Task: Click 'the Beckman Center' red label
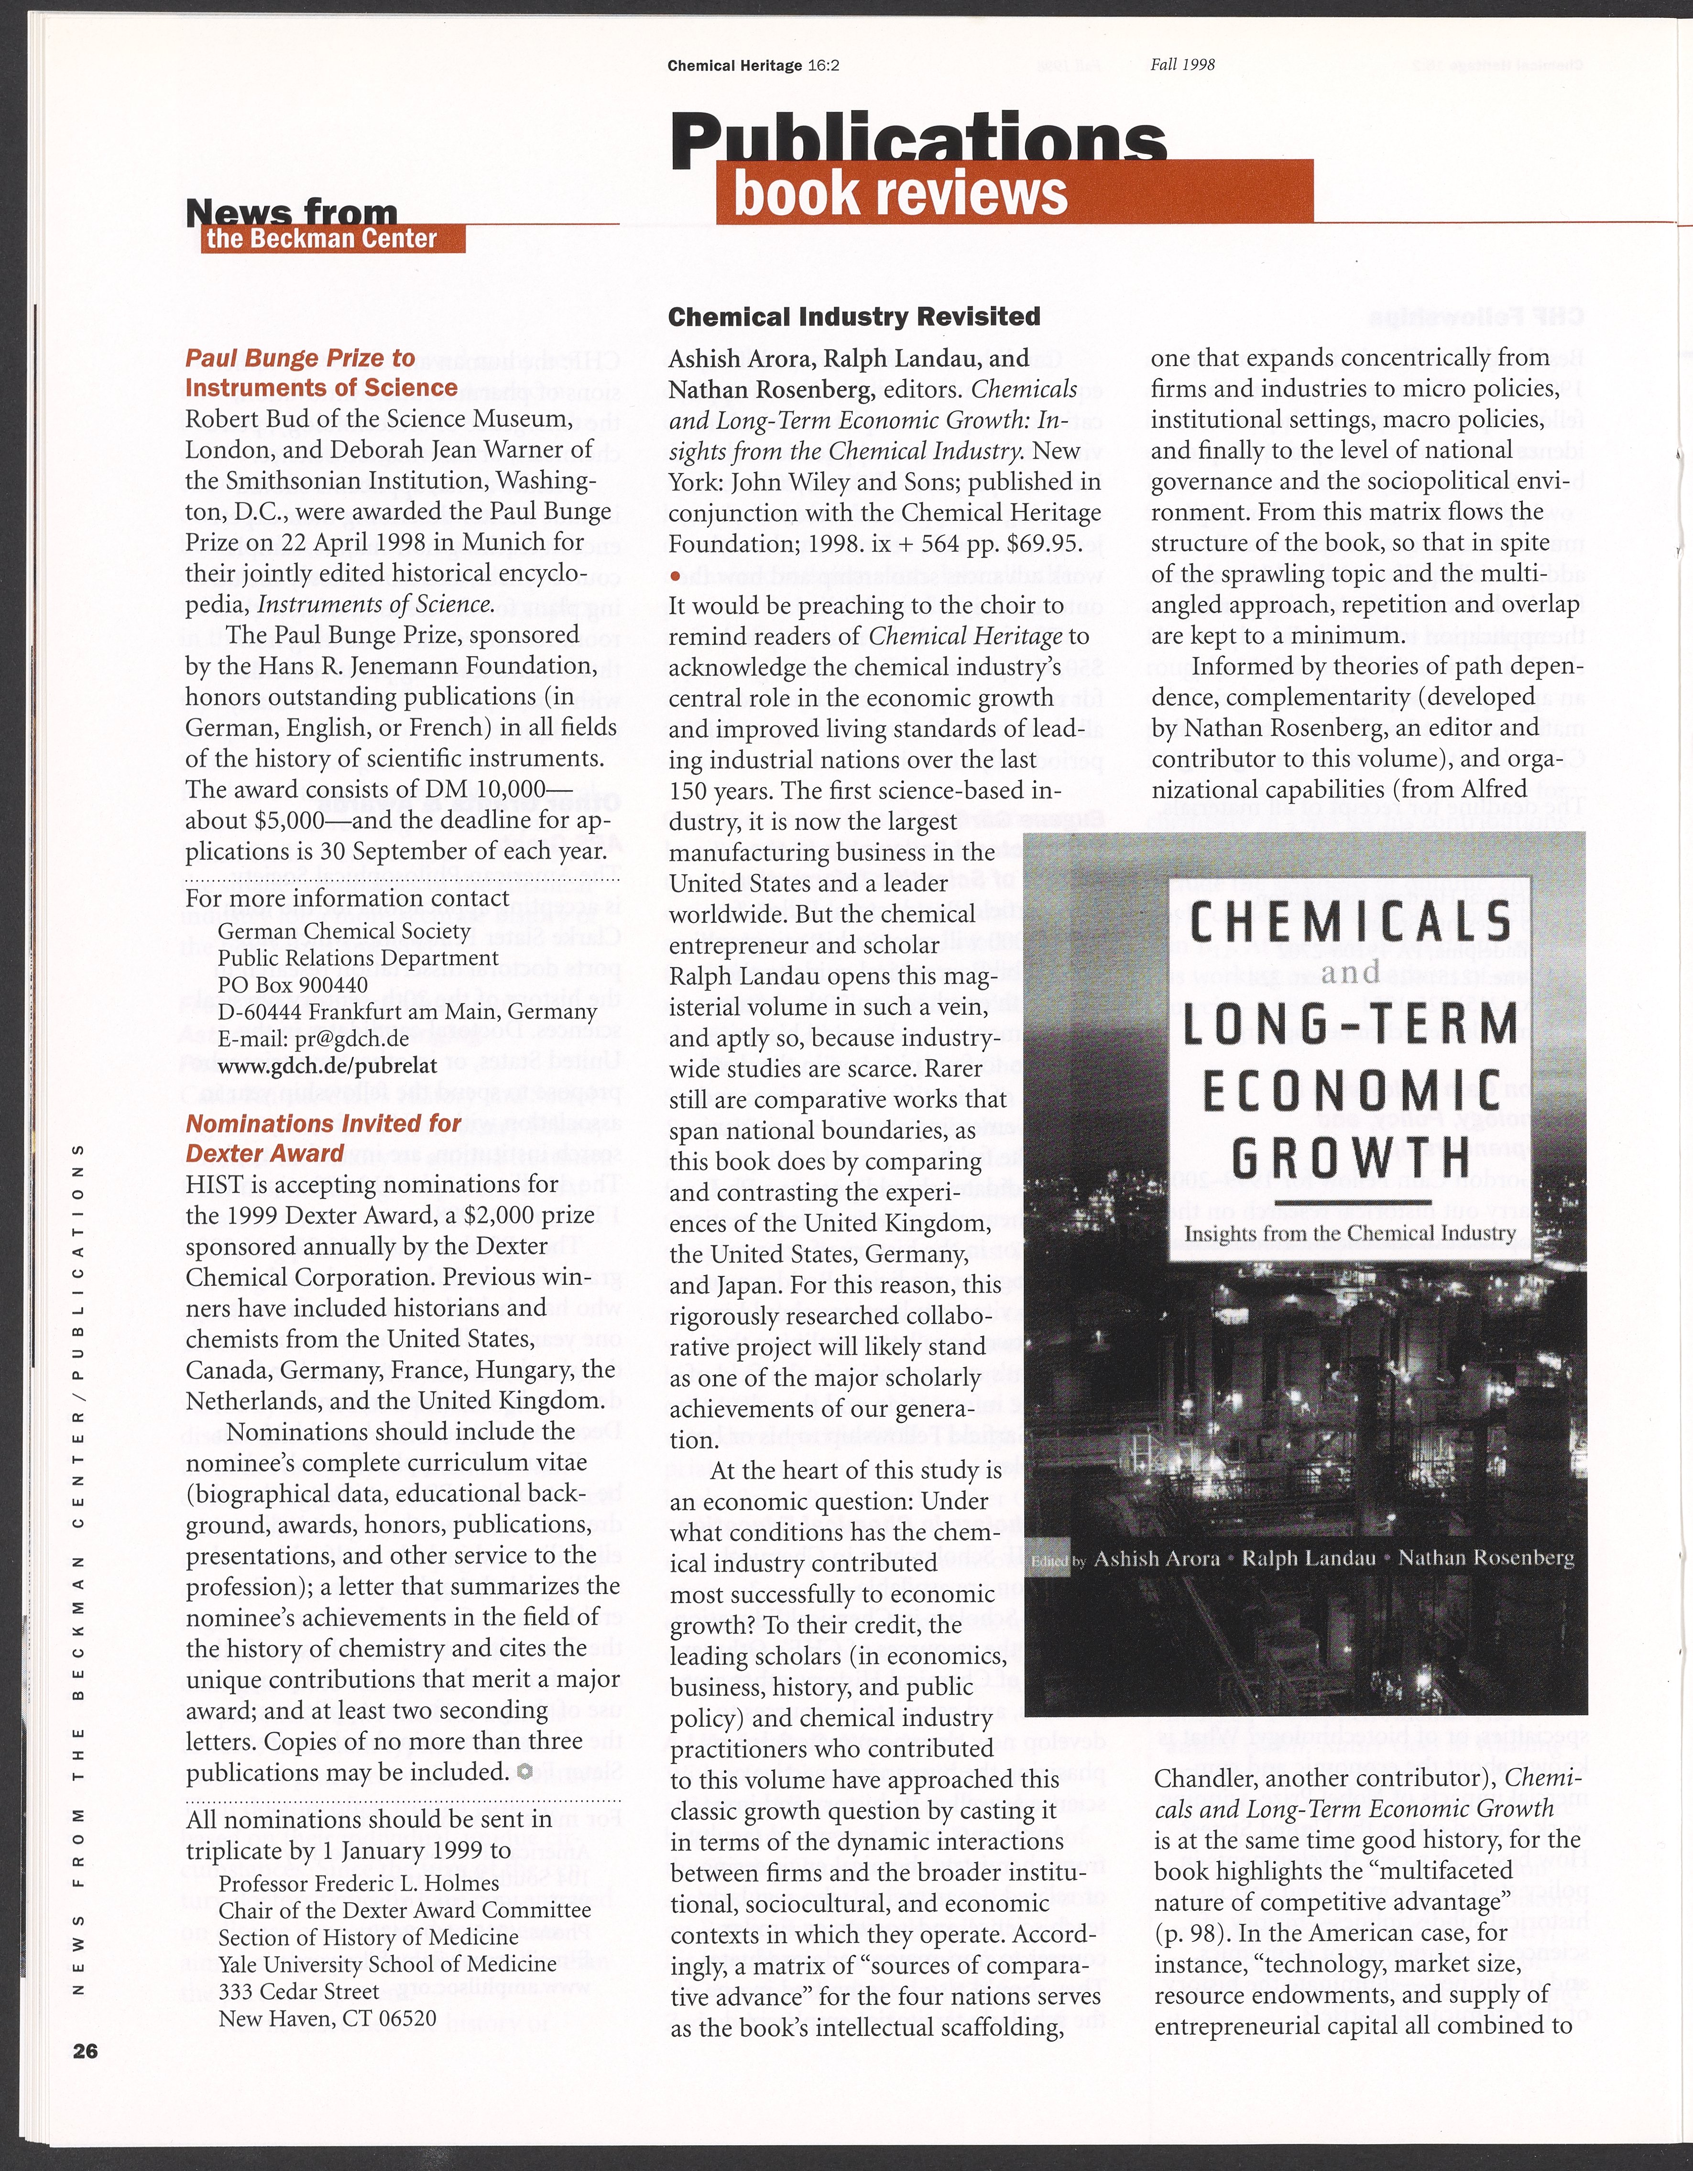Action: pyautogui.click(x=321, y=239)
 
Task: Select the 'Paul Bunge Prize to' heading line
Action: pyautogui.click(x=300, y=358)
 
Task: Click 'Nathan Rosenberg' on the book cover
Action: pyautogui.click(x=1485, y=1557)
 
